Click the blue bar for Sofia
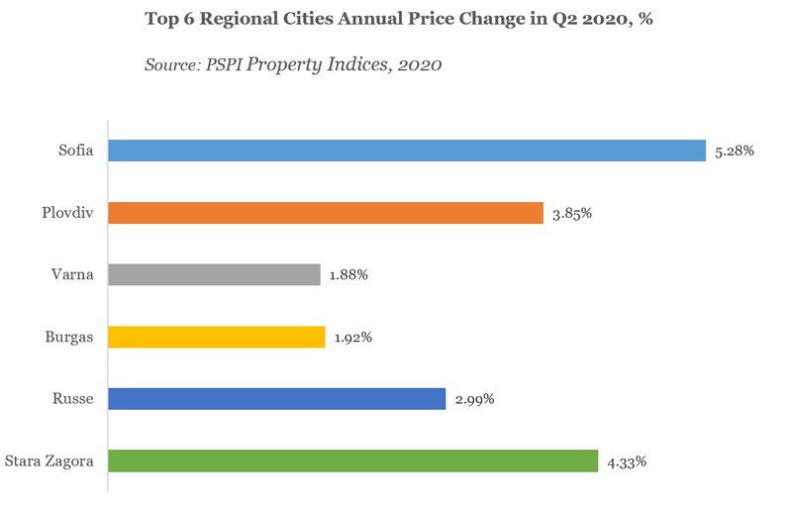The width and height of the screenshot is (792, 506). tap(406, 151)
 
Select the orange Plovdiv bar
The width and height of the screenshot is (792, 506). tap(325, 213)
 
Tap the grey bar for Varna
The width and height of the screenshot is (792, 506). tap(214, 274)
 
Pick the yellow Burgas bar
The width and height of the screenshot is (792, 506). tap(216, 337)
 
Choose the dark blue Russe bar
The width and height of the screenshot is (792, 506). tap(276, 399)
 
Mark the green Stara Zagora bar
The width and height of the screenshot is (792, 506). tap(352, 461)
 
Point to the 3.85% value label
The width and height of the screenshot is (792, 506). tap(573, 213)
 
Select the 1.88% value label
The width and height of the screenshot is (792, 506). tap(349, 275)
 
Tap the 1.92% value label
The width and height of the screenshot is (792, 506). tap(354, 338)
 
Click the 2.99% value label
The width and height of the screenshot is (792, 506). tap(475, 400)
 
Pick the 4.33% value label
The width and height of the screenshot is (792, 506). tap(628, 461)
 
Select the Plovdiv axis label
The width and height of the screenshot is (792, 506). tap(66, 213)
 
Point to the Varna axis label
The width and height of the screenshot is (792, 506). tap(73, 274)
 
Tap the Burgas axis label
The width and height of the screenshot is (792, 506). tap(69, 337)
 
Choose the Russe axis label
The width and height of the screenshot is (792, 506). tap(73, 399)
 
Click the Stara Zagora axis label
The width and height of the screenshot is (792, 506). tap(49, 461)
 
